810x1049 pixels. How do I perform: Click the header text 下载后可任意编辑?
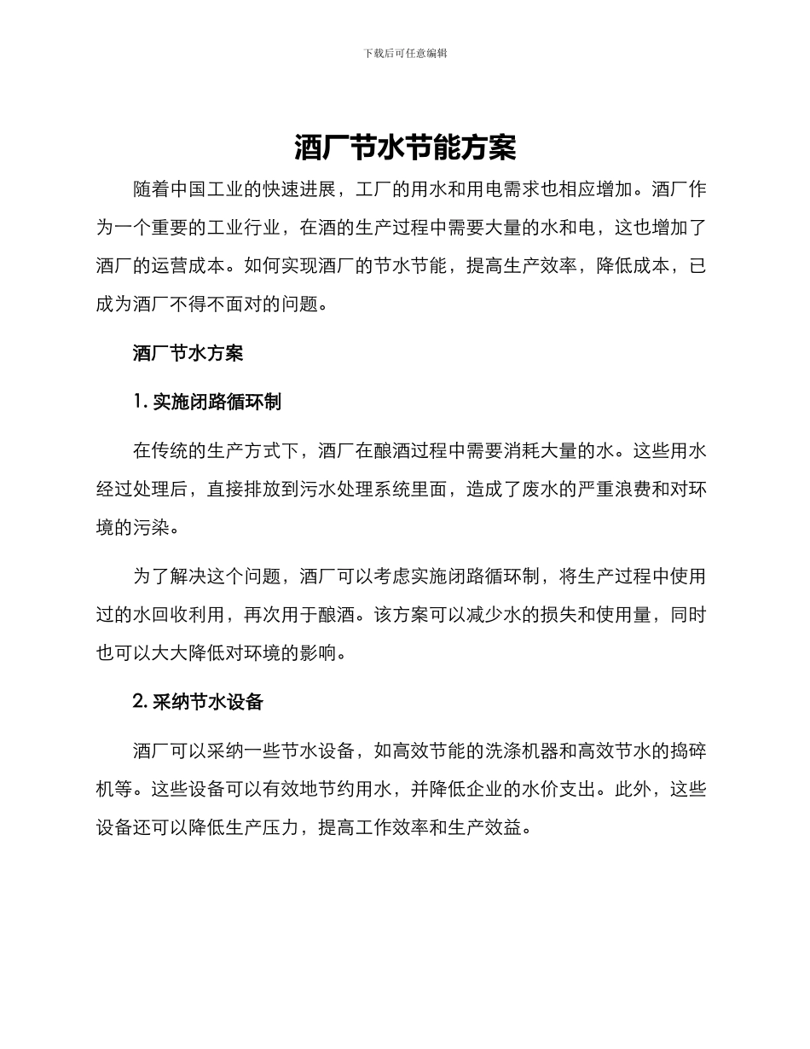tap(405, 53)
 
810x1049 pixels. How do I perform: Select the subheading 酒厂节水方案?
tap(188, 353)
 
